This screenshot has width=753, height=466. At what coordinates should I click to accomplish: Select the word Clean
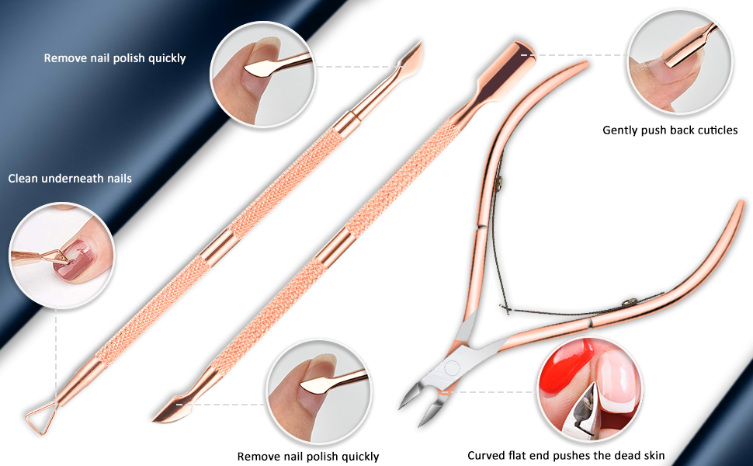point(23,179)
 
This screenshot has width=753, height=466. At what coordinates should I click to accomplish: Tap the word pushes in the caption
point(577,456)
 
